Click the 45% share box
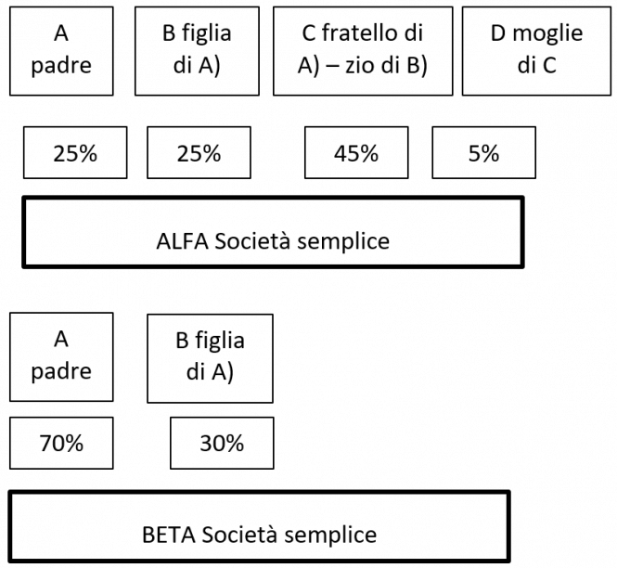[x=356, y=154]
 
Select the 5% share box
[x=484, y=154]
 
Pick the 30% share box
[x=222, y=443]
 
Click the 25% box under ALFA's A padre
[x=75, y=154]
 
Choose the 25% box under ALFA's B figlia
[x=199, y=154]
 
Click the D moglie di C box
[x=535, y=50]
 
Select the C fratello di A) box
[x=363, y=50]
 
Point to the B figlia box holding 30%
[x=210, y=356]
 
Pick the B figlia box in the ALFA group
[x=196, y=50]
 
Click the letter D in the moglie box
[x=496, y=35]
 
